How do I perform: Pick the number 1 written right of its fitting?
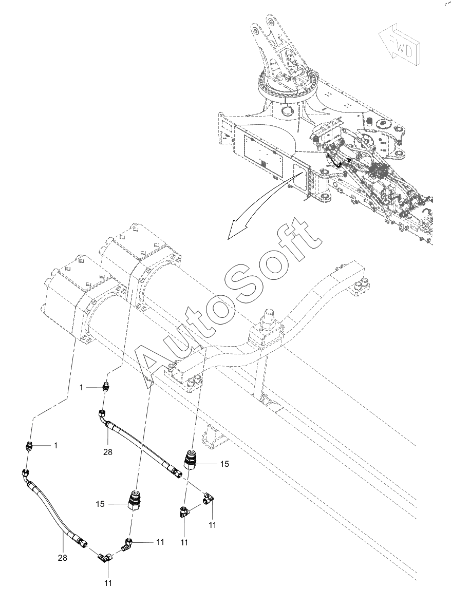point(55,446)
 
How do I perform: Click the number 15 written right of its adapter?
point(224,464)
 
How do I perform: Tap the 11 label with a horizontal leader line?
point(160,541)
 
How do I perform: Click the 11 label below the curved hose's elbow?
point(108,582)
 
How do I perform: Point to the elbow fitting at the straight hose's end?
point(208,497)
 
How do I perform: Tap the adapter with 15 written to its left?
point(136,501)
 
